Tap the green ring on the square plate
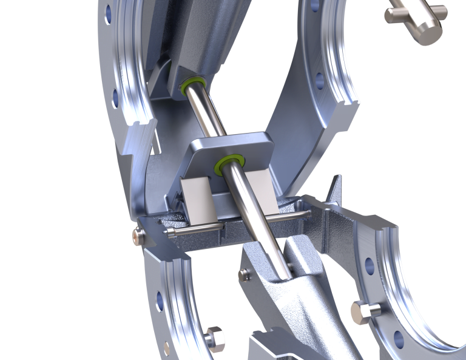231,161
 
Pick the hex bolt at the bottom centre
215,338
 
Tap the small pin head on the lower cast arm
244,274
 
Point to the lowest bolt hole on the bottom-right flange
398,339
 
